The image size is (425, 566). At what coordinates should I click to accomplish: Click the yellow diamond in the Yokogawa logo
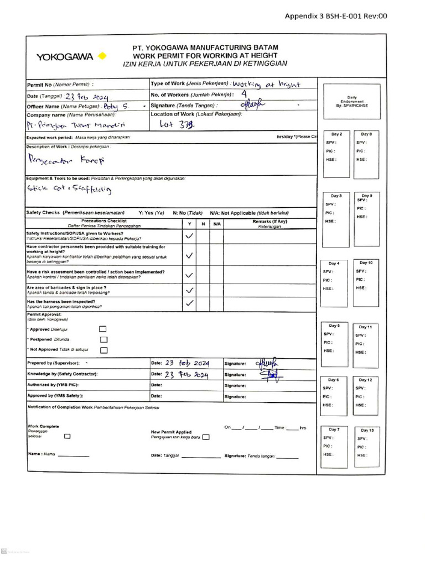pos(101,56)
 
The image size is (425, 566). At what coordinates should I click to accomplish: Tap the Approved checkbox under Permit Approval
pos(103,329)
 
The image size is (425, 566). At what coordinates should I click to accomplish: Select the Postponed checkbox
pos(103,339)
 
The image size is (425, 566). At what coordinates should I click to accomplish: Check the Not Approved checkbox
pos(103,350)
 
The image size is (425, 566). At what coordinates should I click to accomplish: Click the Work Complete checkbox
pos(68,436)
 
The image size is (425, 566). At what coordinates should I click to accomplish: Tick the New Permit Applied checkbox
pos(206,437)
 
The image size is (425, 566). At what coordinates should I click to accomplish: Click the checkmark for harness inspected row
pos(190,303)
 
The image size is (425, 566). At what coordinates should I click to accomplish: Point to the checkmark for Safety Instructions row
pos(190,235)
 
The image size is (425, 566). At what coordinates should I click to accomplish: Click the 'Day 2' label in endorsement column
pos(336,134)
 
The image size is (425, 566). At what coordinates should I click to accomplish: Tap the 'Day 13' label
pos(367,430)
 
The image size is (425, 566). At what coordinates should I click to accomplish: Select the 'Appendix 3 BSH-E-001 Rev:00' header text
pos(335,16)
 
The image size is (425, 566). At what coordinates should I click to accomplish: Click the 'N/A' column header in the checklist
pos(217,224)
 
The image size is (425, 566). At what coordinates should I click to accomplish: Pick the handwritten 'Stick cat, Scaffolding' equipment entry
pos(70,190)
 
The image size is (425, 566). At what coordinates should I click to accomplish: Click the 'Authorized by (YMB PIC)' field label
pos(53,385)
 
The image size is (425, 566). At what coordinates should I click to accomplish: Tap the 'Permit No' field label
pos(60,85)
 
